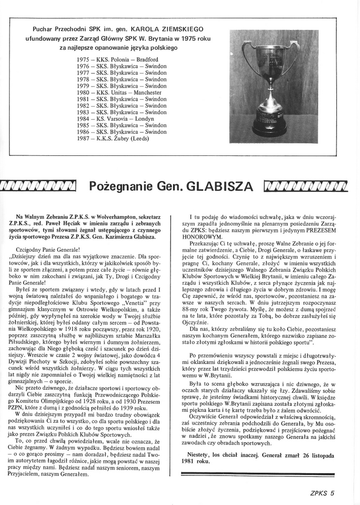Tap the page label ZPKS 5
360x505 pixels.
pyautogui.click(x=321, y=492)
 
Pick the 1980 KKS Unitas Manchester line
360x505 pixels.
pyautogui.click(x=119, y=92)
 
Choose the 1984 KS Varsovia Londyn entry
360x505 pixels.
pyautogui.click(x=115, y=119)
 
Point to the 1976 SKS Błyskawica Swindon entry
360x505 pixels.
pyautogui.click(x=122, y=66)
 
